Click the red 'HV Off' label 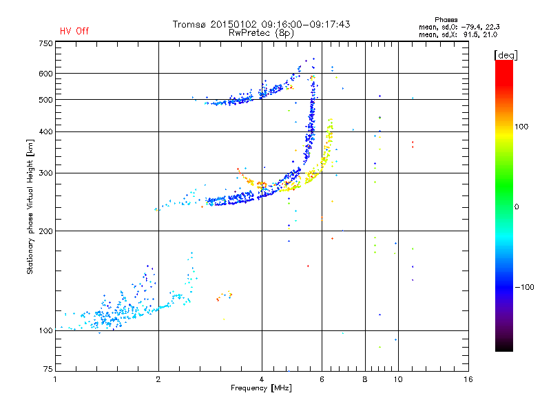point(74,31)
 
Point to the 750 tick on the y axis point(45,43)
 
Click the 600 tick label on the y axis point(45,74)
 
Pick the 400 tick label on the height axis point(45,131)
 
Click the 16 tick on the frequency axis point(468,379)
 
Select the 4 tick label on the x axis point(262,379)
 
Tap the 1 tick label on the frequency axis point(56,379)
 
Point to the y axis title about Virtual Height point(30,207)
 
